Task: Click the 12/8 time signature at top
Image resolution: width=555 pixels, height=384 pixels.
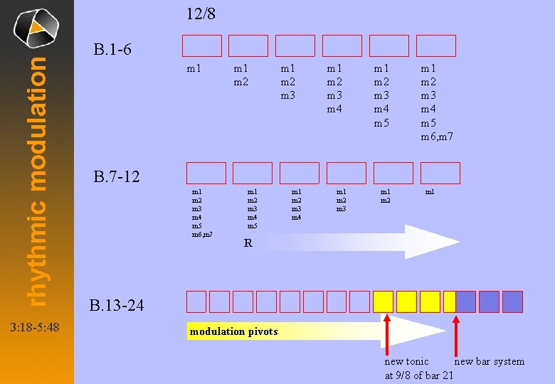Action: (x=201, y=14)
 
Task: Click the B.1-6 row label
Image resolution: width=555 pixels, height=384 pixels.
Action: (x=112, y=50)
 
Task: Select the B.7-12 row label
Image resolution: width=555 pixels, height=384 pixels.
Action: (x=117, y=176)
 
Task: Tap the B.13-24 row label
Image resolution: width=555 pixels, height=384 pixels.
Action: (x=117, y=306)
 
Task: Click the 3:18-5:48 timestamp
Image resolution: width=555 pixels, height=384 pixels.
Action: (x=35, y=328)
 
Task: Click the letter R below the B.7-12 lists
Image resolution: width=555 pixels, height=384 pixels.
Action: (x=248, y=243)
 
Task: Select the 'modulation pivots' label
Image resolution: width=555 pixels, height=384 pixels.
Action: (x=233, y=331)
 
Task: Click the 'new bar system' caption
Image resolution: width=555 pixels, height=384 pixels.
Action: (x=489, y=361)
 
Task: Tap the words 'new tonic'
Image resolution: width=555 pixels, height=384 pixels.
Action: (x=406, y=361)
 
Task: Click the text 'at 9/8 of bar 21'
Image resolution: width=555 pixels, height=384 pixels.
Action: (x=418, y=375)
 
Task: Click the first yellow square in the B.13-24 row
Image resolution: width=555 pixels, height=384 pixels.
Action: (x=384, y=302)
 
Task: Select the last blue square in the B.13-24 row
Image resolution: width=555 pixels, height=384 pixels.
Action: (x=512, y=302)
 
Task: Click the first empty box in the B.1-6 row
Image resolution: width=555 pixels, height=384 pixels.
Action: (x=201, y=46)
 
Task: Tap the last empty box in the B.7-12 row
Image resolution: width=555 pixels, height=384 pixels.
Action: (x=440, y=173)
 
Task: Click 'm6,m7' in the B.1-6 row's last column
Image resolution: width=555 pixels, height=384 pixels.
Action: (x=437, y=137)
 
